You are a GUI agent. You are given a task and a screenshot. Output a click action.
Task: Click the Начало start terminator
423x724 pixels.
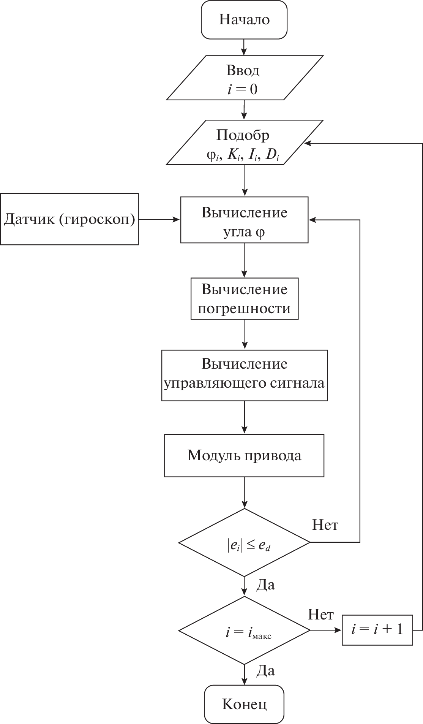click(244, 20)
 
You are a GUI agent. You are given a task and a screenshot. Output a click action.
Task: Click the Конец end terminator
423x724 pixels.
click(244, 704)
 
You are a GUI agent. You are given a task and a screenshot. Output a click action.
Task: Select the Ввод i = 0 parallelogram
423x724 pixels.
click(244, 78)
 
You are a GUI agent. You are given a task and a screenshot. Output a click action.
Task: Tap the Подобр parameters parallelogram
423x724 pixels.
click(244, 143)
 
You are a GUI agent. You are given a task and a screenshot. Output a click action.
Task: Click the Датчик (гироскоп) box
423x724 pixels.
click(69, 219)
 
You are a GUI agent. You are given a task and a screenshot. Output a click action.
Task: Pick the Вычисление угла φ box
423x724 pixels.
click(244, 220)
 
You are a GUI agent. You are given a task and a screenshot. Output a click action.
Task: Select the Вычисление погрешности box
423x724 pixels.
click(244, 298)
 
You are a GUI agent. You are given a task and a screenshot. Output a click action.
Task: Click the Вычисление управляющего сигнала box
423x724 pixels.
click(244, 375)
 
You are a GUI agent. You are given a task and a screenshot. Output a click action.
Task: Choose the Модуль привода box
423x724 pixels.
click(244, 455)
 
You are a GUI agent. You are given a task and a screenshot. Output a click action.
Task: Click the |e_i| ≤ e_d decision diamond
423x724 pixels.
click(244, 542)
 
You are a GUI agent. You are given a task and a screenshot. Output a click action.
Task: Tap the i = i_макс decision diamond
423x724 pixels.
click(244, 630)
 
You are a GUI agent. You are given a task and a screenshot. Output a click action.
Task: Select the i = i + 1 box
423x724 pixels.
click(377, 630)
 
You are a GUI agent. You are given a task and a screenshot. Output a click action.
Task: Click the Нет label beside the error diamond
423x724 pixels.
click(325, 525)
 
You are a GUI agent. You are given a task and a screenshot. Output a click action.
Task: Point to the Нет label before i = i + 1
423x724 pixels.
click(321, 615)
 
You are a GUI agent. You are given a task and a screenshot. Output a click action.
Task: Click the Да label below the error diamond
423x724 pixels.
click(265, 585)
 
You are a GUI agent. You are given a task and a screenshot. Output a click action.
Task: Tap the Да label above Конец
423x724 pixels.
click(265, 671)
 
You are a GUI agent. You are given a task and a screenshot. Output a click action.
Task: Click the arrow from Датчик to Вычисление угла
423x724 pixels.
click(159, 219)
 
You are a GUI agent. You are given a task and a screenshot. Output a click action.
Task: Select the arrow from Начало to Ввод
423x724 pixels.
click(244, 47)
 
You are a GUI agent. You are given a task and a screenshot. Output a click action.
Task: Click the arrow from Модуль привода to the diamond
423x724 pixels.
click(244, 492)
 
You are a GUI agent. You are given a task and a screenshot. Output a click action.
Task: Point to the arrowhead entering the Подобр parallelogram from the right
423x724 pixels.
click(308, 143)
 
